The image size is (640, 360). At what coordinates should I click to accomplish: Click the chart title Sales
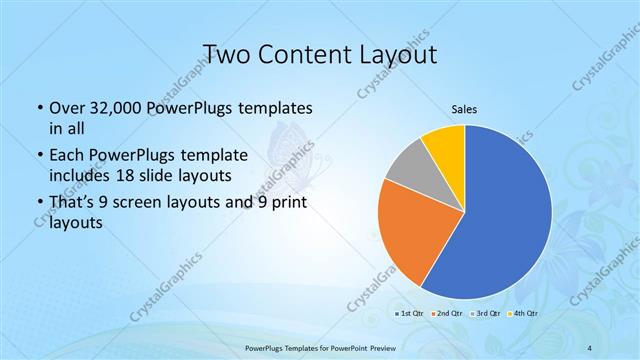(x=464, y=109)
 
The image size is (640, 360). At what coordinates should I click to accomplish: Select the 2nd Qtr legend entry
(x=447, y=314)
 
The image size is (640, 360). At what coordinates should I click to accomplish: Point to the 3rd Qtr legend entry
(x=485, y=314)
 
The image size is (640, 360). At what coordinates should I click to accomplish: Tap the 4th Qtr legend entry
(x=522, y=314)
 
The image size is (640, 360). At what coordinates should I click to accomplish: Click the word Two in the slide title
(x=227, y=53)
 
